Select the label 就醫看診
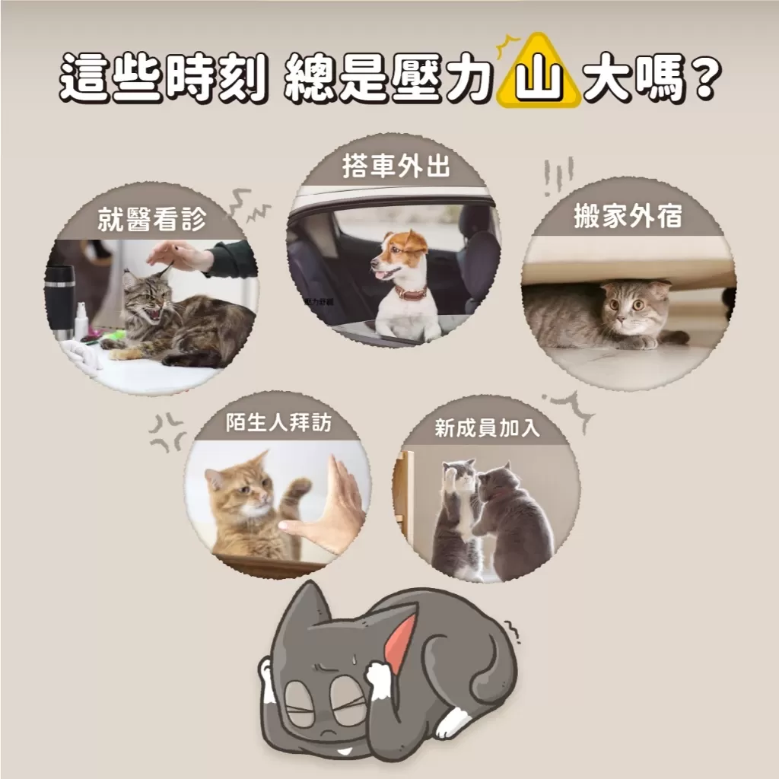pyautogui.click(x=151, y=220)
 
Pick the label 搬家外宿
pyautogui.click(x=628, y=217)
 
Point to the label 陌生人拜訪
pyautogui.click(x=278, y=424)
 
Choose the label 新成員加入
pyautogui.click(x=487, y=428)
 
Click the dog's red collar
pyautogui.click(x=410, y=292)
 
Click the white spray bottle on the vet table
pyautogui.click(x=81, y=320)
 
